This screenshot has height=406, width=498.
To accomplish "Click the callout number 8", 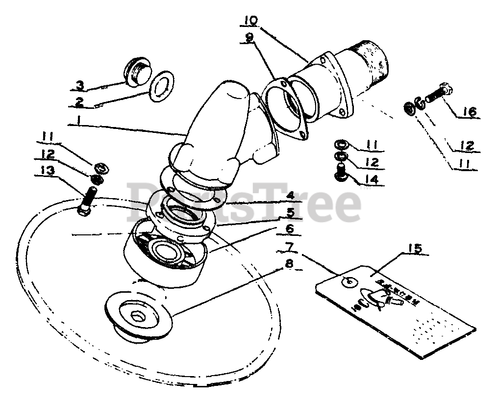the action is click(x=289, y=264).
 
